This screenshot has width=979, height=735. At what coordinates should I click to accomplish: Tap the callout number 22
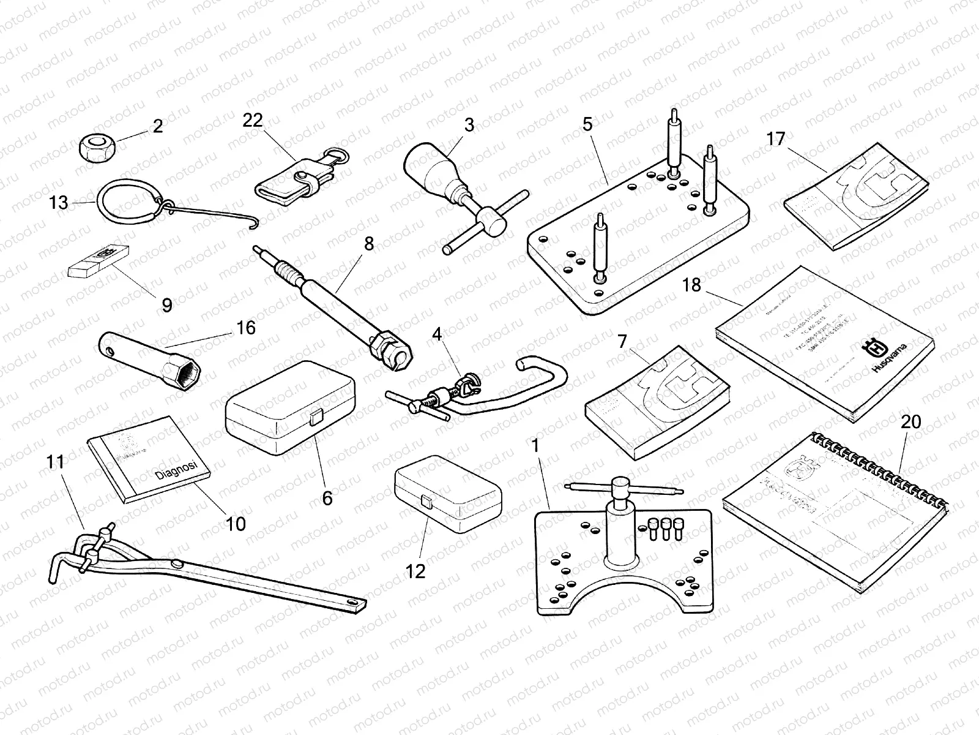point(252,120)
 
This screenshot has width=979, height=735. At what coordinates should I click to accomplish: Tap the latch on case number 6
point(316,418)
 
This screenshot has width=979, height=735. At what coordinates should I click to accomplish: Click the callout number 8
point(368,244)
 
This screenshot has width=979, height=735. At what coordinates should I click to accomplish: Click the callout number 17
point(775,140)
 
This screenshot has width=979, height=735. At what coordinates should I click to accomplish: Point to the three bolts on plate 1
point(663,527)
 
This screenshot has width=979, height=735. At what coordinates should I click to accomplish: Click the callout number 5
point(587,125)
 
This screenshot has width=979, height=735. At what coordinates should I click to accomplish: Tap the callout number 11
point(56,462)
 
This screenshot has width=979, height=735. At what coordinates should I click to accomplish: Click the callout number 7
point(622,341)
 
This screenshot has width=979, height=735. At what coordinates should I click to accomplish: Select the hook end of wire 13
point(251,225)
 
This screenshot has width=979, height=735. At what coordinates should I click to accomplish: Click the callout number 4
point(436,335)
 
